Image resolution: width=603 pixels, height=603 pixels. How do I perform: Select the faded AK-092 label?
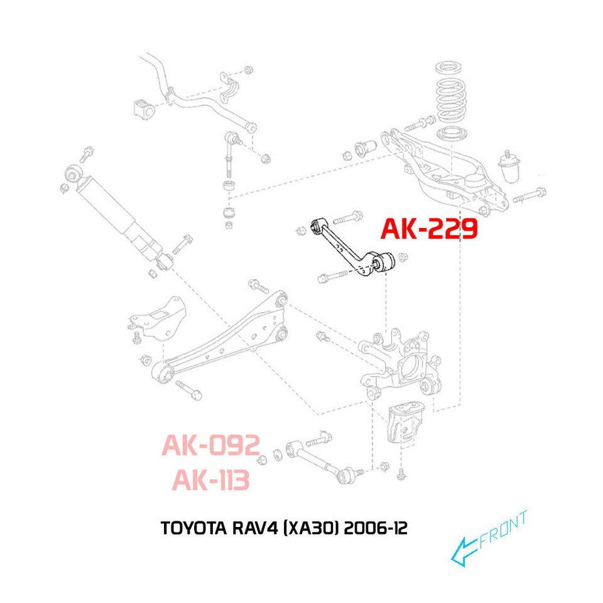point(210,446)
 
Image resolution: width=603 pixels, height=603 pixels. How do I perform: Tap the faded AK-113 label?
point(210,481)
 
